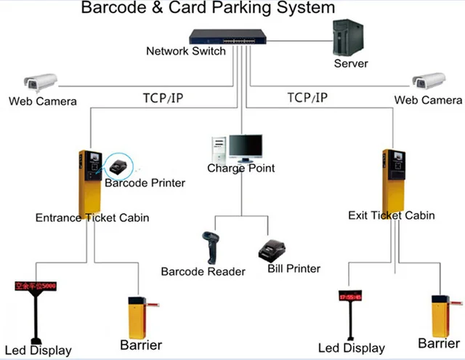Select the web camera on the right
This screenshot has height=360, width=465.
tap(428, 81)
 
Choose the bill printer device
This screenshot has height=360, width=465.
tap(273, 249)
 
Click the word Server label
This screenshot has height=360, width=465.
tap(351, 63)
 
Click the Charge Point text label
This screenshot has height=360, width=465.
tap(241, 169)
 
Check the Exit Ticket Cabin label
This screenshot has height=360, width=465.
tap(392, 215)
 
